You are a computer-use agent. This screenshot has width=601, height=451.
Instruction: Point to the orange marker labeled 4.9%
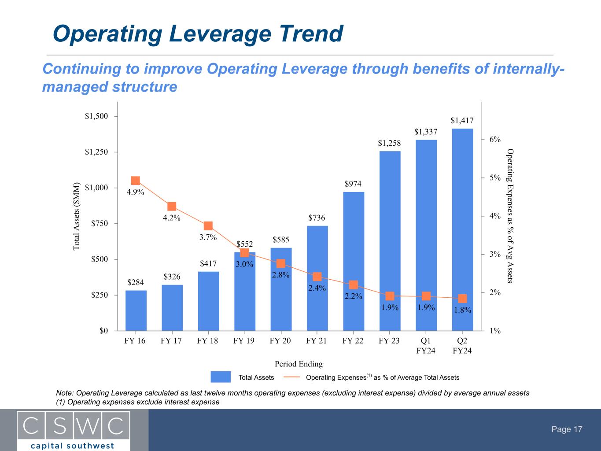pos(136,181)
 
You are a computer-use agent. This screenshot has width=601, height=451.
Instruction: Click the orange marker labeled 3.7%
pos(208,226)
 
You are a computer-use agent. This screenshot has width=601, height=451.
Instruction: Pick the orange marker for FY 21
pos(317,277)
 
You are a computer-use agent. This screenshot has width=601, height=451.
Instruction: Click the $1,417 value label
pos(462,120)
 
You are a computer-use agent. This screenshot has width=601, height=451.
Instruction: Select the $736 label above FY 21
pos(317,218)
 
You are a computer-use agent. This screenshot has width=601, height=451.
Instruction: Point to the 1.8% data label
pos(462,310)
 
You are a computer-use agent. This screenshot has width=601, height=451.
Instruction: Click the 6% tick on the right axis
pos(495,140)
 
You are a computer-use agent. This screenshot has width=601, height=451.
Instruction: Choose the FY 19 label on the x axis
pos(244,340)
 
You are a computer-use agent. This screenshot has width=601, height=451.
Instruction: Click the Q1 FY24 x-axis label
pos(426,346)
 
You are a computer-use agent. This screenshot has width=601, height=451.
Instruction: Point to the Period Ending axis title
pos(299,364)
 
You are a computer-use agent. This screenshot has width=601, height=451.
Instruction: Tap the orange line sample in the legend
pos(291,377)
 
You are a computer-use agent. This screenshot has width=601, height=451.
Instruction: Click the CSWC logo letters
pos(73,425)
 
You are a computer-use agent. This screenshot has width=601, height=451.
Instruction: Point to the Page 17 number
pos(567,429)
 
